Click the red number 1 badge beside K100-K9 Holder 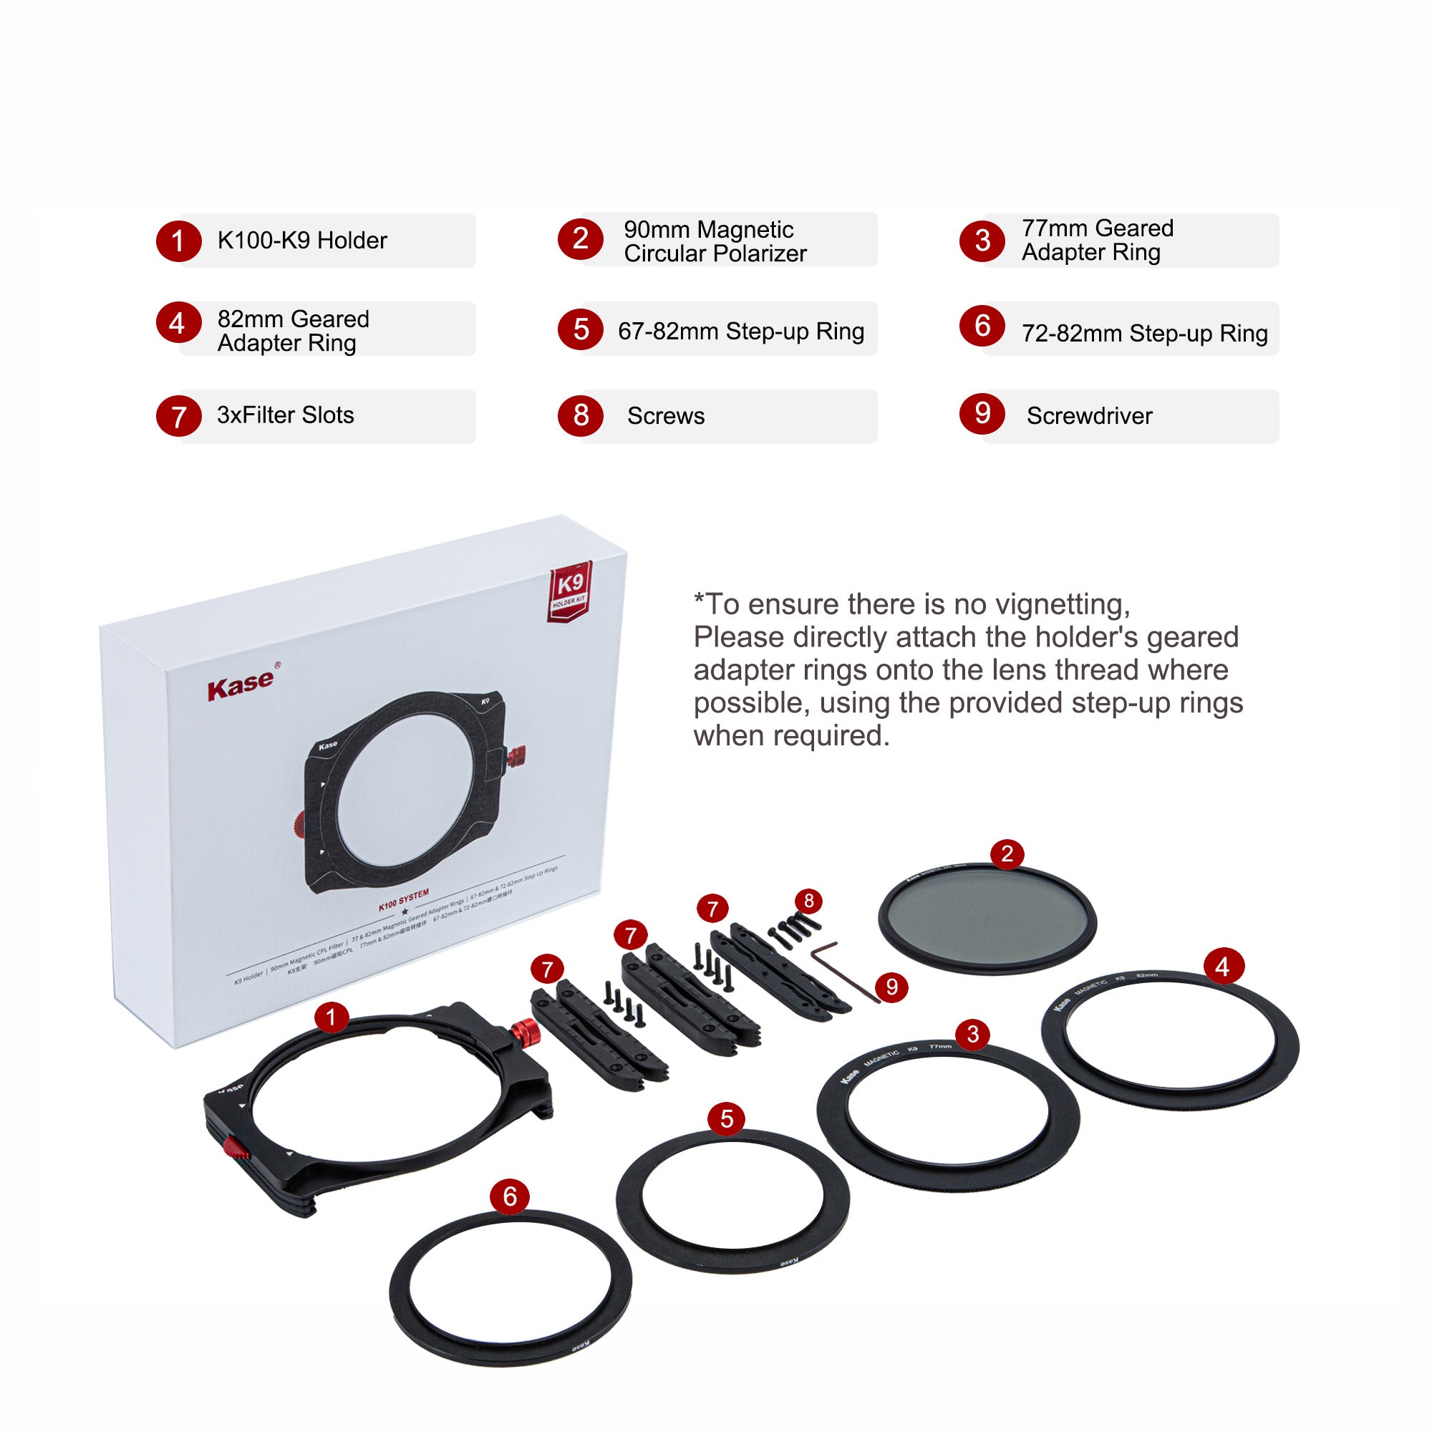point(178,241)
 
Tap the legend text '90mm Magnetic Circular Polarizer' point(715,241)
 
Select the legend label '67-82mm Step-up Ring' point(740,332)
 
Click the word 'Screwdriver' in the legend point(1089,416)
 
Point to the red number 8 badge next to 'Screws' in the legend point(581,415)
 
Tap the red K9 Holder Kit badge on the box point(570,591)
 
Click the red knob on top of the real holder point(526,1030)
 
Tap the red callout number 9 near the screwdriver point(891,987)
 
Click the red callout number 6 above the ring point(509,1196)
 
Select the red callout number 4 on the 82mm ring point(1222,967)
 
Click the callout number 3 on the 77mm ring point(973,1034)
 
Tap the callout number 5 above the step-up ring point(726,1119)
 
